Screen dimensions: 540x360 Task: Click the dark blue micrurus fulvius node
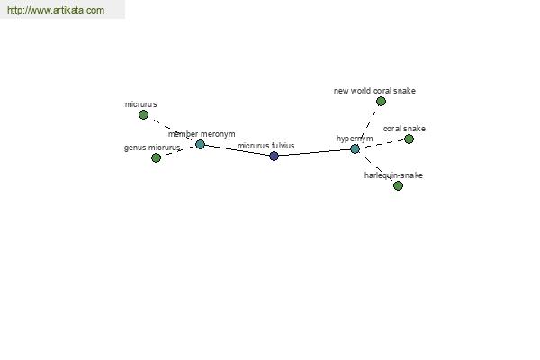point(274,156)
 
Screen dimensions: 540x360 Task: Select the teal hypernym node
point(355,149)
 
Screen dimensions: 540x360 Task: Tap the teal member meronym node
point(200,144)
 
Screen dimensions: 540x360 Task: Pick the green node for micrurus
point(144,114)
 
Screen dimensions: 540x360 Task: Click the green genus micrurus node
point(156,157)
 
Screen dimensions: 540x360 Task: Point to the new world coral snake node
point(381,102)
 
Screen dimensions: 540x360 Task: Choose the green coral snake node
point(409,139)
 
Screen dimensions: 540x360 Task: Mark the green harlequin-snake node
point(398,185)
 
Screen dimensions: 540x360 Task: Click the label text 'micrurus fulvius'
point(265,146)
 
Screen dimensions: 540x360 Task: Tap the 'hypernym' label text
point(355,139)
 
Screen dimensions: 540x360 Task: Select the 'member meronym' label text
point(202,134)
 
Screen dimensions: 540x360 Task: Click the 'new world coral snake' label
point(374,91)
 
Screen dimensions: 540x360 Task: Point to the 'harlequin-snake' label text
point(393,175)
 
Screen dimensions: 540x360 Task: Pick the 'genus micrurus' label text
point(152,148)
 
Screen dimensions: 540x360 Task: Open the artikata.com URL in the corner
point(56,10)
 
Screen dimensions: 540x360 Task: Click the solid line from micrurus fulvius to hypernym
point(314,153)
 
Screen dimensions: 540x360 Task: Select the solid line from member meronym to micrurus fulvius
point(237,150)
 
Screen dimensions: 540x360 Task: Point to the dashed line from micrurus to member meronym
point(172,130)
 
